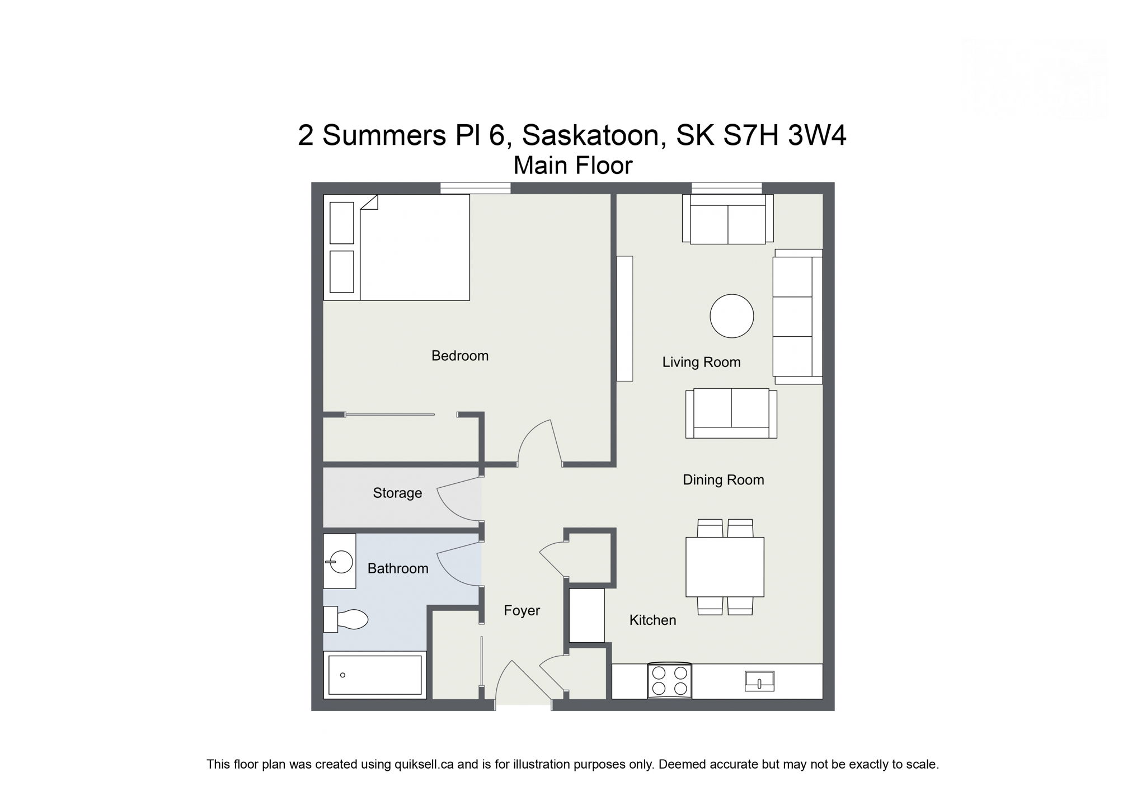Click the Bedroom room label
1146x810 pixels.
[x=459, y=356]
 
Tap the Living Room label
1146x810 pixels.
[x=701, y=362]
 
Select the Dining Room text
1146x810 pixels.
[x=723, y=479]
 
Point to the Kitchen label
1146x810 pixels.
[x=652, y=620]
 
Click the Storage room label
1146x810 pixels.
[x=397, y=493]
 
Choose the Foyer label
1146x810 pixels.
[x=522, y=610]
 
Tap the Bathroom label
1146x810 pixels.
[x=397, y=568]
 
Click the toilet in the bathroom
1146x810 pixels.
[x=347, y=619]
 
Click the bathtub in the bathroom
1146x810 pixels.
[x=375, y=675]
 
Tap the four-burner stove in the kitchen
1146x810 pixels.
[x=669, y=681]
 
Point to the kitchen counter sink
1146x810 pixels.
[x=759, y=681]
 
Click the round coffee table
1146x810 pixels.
[x=731, y=316]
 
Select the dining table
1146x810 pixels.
[x=725, y=567]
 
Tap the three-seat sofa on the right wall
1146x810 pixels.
[x=796, y=316]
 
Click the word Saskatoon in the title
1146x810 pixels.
[x=594, y=135]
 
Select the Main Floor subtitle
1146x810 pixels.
[x=572, y=166]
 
